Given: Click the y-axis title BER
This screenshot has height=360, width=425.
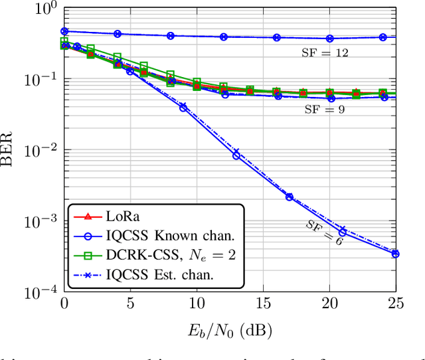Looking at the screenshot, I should [x=9, y=150].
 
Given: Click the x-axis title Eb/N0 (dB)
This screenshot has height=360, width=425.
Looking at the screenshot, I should [x=229, y=328].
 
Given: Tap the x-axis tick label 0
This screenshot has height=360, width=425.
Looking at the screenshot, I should [x=64, y=304].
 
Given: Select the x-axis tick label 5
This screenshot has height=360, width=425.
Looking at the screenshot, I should [x=131, y=304].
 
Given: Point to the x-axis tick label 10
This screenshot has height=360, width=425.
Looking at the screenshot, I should [x=197, y=304].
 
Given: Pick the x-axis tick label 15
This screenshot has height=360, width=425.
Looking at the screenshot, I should [x=263, y=304].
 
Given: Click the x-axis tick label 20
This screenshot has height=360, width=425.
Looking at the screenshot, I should [x=329, y=304].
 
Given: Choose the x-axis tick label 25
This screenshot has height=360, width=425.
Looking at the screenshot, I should [x=395, y=304].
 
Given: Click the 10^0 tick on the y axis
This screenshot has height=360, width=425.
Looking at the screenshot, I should [x=43, y=9].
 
